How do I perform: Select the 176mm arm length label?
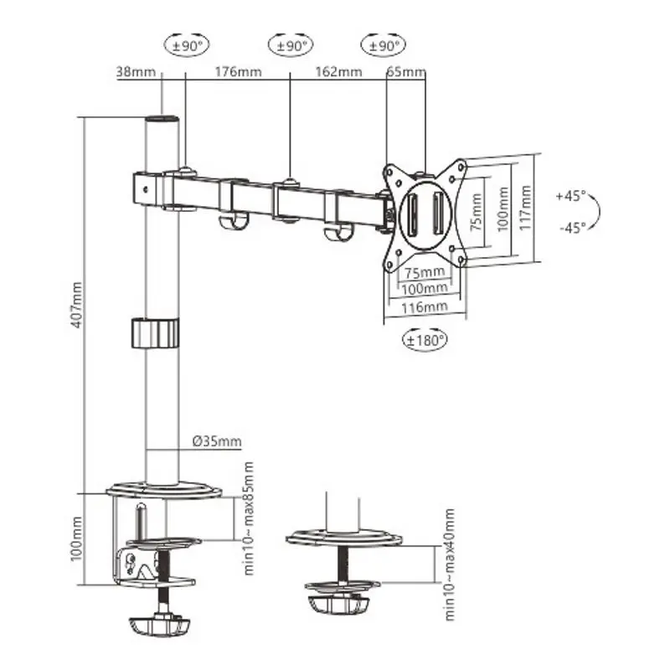coord(238,71)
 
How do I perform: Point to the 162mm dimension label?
coord(338,71)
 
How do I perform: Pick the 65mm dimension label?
coord(406,71)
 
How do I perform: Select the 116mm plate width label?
coord(424,307)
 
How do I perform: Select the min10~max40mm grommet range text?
coord(449,563)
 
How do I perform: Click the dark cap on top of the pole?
coord(162,121)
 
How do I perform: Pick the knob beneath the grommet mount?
coord(339,603)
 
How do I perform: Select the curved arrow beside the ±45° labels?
coord(593,211)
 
